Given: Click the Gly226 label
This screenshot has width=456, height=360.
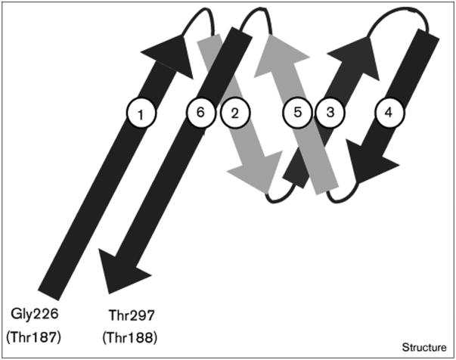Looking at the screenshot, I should [35, 312].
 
